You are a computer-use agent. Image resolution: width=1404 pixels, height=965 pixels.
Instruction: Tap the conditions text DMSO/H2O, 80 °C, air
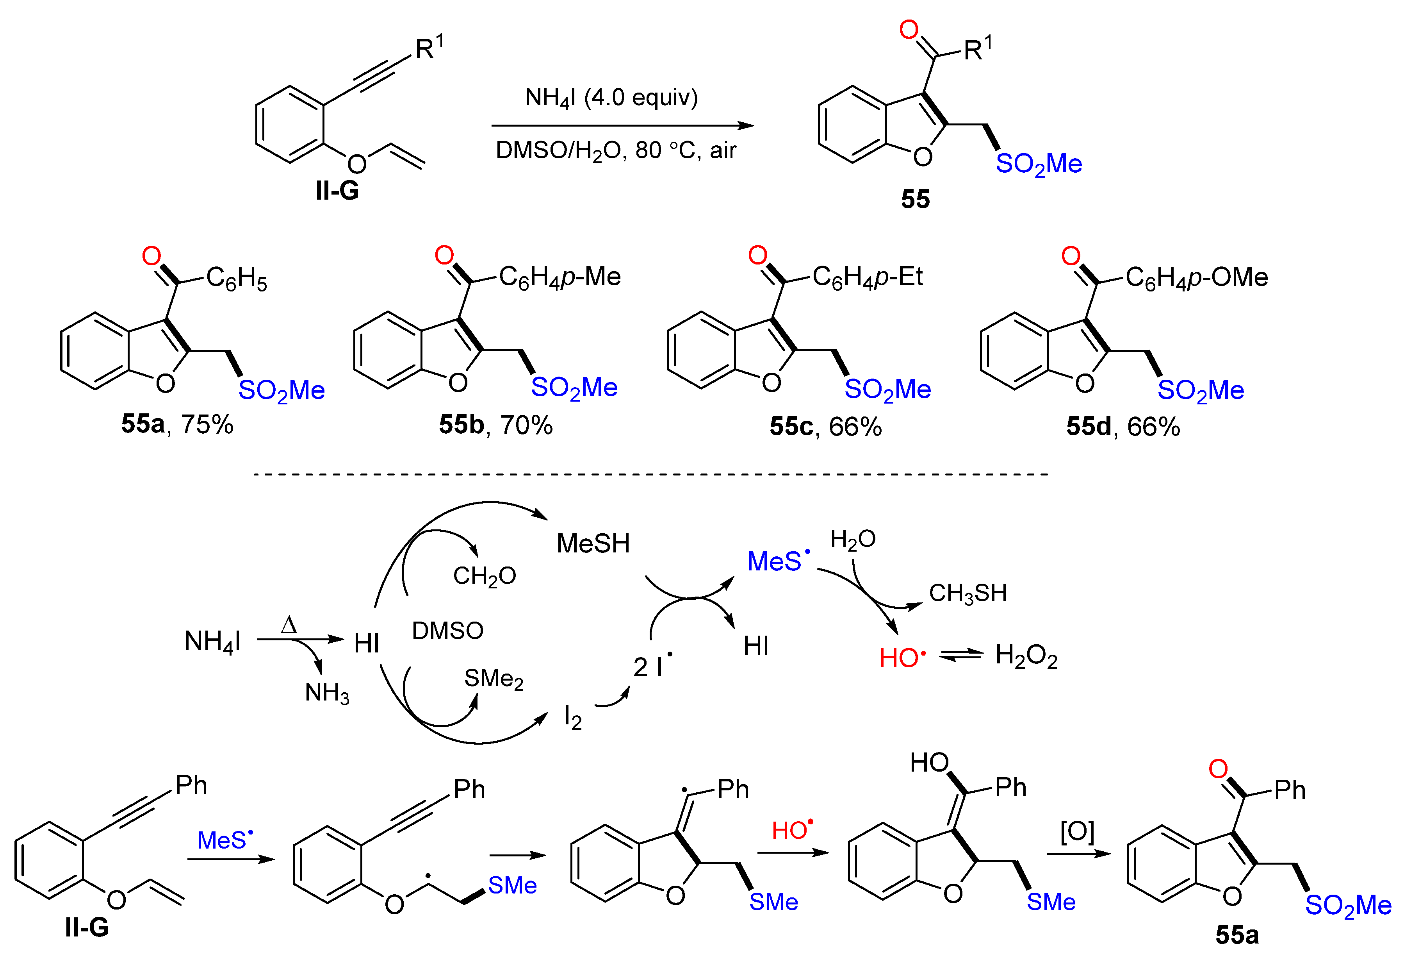point(615,150)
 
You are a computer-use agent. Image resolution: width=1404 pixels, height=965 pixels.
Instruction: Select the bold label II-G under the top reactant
point(337,191)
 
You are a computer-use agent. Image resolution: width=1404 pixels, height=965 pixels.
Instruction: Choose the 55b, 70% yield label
point(495,425)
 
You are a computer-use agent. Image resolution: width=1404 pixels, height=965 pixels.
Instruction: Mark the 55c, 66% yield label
point(825,427)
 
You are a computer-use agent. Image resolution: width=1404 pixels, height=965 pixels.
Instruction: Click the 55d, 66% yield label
point(1122,427)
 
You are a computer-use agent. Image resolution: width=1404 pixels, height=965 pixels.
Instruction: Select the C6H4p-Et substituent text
point(868,277)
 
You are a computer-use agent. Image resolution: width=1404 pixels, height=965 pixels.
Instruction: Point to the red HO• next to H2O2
point(902,658)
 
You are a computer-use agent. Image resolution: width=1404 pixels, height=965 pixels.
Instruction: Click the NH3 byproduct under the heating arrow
point(327,693)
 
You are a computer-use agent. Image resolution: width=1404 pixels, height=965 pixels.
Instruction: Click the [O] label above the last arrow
point(1077,832)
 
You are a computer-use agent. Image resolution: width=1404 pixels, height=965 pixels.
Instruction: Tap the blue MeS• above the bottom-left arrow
point(225,840)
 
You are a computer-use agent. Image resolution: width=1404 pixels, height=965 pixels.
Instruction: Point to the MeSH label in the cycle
point(593,543)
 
